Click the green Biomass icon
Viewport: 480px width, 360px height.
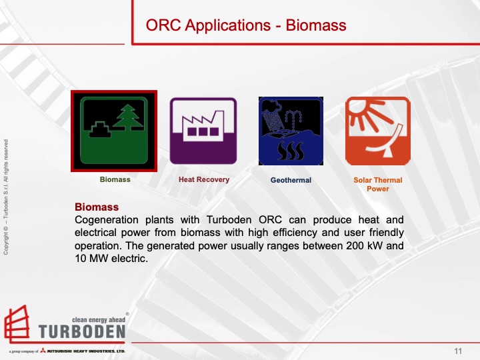click(115, 131)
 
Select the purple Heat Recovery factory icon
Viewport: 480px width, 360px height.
click(203, 131)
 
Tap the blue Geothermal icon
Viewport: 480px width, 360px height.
click(291, 131)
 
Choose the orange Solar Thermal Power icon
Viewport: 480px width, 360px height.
click(378, 131)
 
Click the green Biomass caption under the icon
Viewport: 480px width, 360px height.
click(115, 180)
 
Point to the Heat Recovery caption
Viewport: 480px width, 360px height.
click(203, 179)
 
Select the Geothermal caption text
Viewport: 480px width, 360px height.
click(291, 180)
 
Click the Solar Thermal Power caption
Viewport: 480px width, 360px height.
click(378, 184)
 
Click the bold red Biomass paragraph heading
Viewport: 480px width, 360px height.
click(97, 207)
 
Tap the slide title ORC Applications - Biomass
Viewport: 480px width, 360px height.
click(246, 26)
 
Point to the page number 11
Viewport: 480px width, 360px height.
click(458, 351)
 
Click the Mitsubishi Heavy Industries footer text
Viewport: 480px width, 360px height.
click(87, 351)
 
